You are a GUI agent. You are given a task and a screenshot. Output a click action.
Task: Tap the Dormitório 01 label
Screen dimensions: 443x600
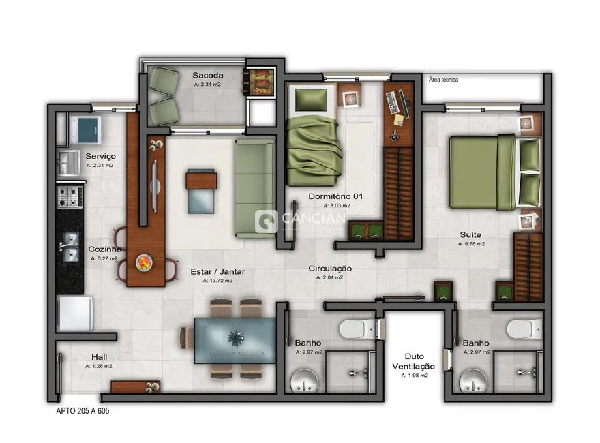tap(336, 196)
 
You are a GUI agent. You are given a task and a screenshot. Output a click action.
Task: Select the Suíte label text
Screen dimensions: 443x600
tap(471, 234)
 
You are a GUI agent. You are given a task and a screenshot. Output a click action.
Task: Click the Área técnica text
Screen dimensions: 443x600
tap(443, 80)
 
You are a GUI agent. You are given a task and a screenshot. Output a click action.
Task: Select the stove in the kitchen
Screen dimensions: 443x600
tap(69, 197)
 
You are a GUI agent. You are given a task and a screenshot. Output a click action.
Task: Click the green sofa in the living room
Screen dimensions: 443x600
tap(254, 187)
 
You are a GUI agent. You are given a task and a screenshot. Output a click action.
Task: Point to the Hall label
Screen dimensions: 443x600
tap(100, 356)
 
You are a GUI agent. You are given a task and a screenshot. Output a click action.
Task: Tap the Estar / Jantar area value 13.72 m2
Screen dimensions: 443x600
tap(218, 280)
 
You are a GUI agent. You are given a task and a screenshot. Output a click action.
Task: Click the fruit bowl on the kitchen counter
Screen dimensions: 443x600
tap(145, 261)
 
